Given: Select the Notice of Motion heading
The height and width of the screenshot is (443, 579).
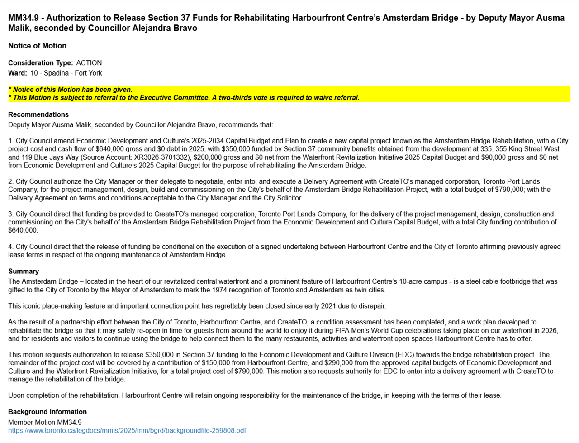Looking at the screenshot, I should click(x=37, y=46).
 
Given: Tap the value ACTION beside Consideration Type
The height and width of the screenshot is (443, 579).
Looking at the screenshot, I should click(x=89, y=63).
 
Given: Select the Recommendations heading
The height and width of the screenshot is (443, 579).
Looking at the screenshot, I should click(x=38, y=114).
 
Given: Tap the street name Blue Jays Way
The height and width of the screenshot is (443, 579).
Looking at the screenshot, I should click(x=48, y=157).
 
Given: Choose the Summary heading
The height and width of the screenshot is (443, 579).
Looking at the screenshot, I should click(x=24, y=271).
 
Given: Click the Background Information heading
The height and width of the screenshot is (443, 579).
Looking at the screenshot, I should click(x=47, y=412).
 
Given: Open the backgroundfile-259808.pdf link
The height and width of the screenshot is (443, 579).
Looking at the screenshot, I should click(x=127, y=430).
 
